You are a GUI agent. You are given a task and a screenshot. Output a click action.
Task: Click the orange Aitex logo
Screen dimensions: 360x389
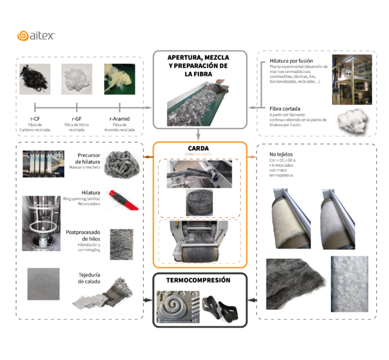[35, 36]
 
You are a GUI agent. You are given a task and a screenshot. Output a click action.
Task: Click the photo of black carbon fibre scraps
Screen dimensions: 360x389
[35, 79]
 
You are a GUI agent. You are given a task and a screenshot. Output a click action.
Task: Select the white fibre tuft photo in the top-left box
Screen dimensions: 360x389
[77, 79]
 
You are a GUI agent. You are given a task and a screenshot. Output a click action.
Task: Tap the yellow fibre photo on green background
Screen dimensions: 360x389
[119, 79]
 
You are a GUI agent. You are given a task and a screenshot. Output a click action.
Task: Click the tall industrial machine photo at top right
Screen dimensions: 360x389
[352, 80]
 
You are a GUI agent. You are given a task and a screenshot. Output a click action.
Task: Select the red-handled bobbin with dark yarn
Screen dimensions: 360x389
[120, 198]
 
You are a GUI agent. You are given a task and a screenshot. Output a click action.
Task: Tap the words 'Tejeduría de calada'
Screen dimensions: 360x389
[89, 278]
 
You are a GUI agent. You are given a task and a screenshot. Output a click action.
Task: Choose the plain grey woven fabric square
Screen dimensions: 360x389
[43, 284]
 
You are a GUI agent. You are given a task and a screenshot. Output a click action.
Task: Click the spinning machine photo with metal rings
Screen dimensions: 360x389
[41, 224]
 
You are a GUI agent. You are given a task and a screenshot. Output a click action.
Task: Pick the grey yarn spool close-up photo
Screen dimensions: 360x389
[121, 244]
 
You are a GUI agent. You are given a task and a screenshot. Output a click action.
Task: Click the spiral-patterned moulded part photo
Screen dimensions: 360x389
[177, 308]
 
